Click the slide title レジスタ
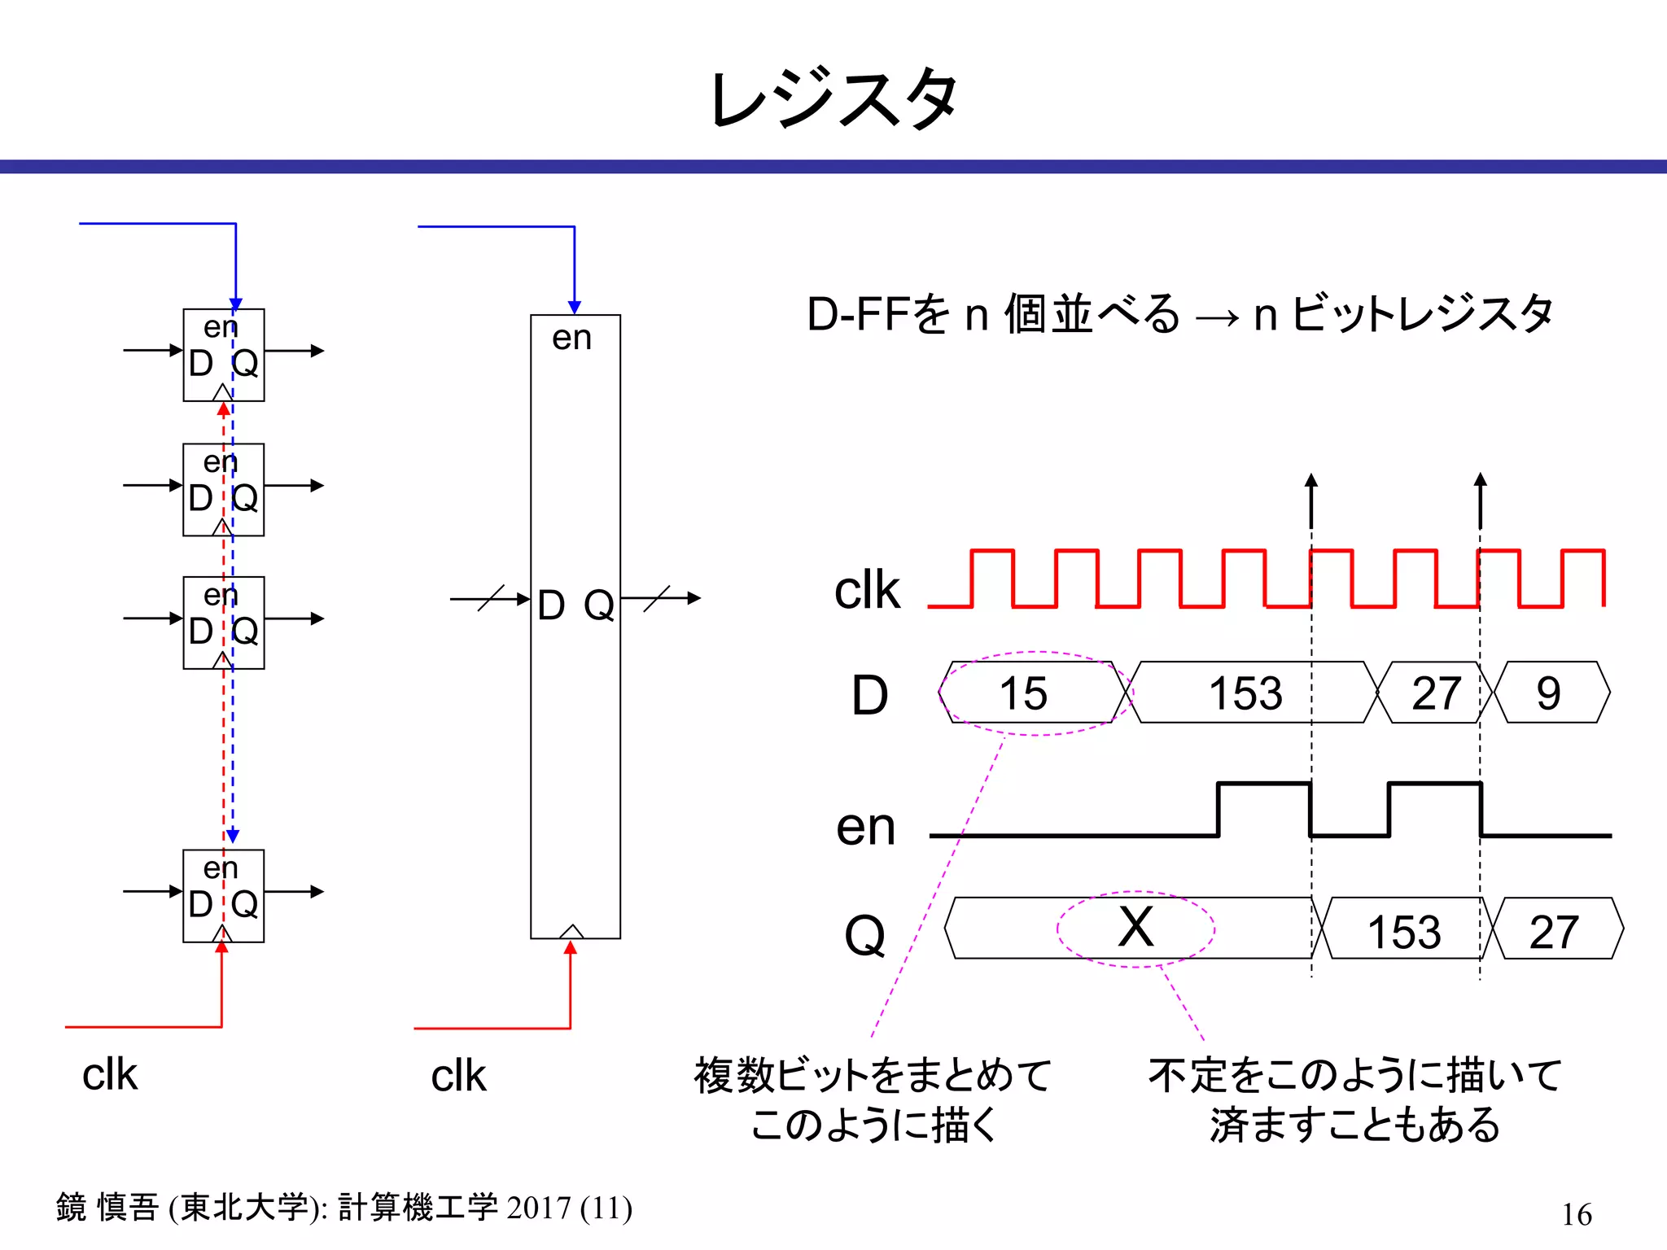[833, 99]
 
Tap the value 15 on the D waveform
[1023, 693]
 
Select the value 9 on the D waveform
[1548, 693]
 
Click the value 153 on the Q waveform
[1404, 932]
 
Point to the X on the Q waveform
[1135, 927]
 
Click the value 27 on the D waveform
[1437, 693]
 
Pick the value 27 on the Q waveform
[1554, 932]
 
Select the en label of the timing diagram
[865, 828]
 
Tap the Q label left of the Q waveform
[864, 935]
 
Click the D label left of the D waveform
[869, 696]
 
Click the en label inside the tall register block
[571, 338]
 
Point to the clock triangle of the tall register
[572, 931]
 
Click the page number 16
[1577, 1214]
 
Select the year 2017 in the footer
[538, 1208]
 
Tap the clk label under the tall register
[458, 1076]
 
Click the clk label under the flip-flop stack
[110, 1074]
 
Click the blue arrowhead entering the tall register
[575, 308]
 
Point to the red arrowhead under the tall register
[571, 947]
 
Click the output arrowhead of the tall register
[693, 598]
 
